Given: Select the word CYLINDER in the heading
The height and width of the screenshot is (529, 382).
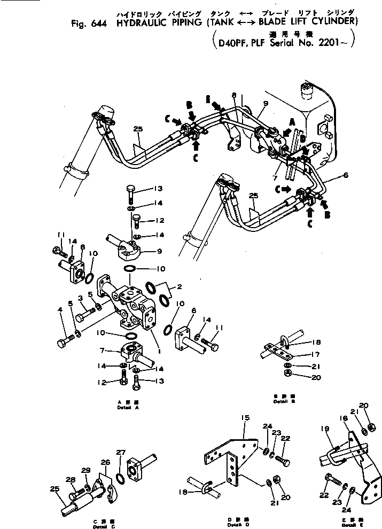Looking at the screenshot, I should tap(331, 22).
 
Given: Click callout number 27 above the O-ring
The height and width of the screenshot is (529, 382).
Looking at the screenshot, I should tap(120, 452).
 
